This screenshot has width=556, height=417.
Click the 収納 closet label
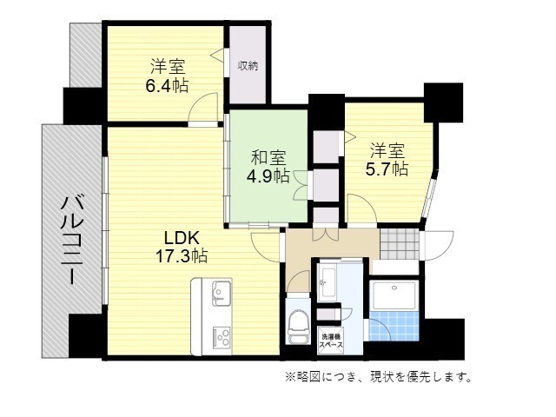[x=248, y=66]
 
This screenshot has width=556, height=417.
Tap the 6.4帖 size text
[x=168, y=85]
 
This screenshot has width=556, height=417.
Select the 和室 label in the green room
[x=268, y=157]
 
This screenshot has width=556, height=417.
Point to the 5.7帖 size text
[x=387, y=169]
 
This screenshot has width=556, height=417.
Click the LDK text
[x=182, y=237]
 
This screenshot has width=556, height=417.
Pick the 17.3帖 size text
[x=182, y=255]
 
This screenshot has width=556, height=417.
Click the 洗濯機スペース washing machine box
[x=331, y=341]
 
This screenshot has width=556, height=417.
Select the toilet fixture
[x=299, y=327]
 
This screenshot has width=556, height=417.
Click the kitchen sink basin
[x=222, y=293]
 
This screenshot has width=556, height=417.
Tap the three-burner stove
[x=222, y=339]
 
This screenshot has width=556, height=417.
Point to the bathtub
[x=394, y=295]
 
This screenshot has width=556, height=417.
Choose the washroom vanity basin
[x=327, y=281]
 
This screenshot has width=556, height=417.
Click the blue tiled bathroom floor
[x=394, y=326]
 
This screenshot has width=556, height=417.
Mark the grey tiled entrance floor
[x=400, y=244]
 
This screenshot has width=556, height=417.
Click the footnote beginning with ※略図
[x=379, y=376]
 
